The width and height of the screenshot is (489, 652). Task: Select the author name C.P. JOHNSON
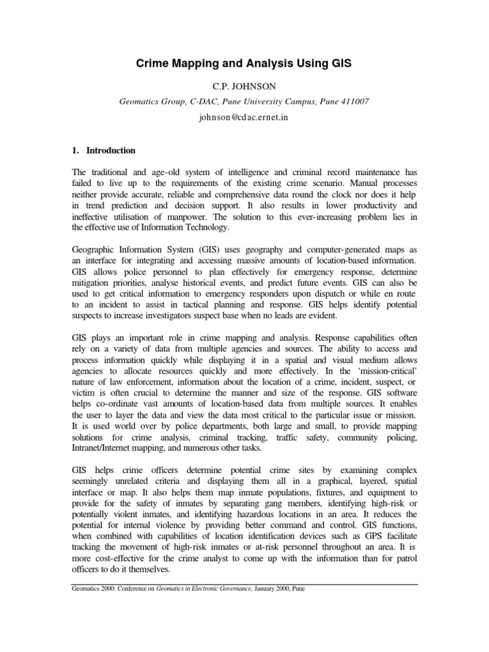point(244,85)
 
